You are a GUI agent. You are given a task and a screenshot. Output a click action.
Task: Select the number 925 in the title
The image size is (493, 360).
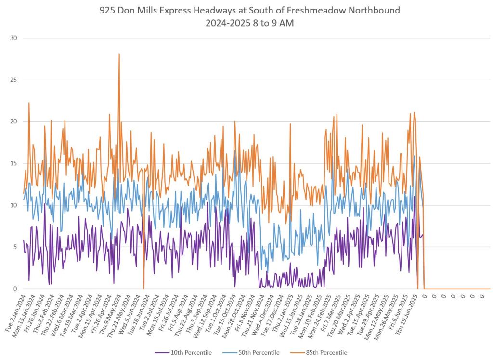coord(108,10)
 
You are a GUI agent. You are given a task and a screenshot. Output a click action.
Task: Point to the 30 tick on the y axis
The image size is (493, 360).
coord(14,38)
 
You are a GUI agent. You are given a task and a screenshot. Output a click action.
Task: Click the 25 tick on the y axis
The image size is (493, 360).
coord(14,80)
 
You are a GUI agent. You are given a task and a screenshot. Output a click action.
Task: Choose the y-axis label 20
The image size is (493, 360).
coord(14,121)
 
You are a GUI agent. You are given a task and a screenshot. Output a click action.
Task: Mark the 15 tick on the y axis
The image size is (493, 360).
coord(14,163)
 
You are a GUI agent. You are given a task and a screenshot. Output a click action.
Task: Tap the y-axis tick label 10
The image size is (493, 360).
coord(14,205)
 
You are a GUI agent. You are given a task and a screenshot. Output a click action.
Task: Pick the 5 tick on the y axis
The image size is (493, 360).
coord(16,247)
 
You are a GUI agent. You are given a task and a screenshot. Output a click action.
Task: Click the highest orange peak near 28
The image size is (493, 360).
coord(119,54)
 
